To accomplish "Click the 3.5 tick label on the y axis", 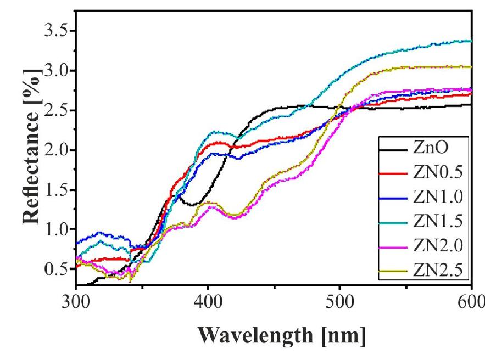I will point(57,31).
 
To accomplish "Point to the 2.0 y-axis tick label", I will point(57,150).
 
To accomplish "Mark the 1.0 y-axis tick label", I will point(57,230).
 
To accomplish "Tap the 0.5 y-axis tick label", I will point(57,269).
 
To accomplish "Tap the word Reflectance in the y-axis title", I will point(31,164).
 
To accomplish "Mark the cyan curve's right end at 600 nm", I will point(470,41).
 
